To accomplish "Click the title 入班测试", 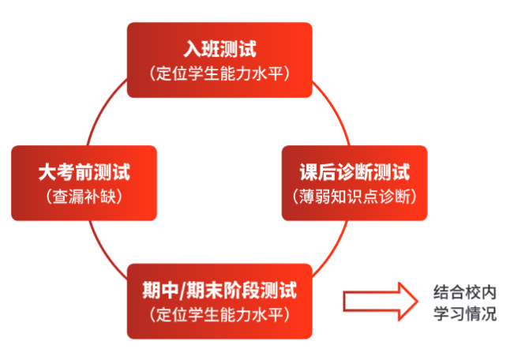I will coord(219,50).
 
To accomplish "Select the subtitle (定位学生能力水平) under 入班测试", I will coord(219,74).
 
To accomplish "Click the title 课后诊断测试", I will coord(355,172).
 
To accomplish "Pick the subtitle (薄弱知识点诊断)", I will coord(355,197).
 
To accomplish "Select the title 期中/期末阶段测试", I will coord(219,290).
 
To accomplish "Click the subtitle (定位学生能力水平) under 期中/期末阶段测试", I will coord(219,314).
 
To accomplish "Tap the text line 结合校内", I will coord(466,291).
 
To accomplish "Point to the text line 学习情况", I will coord(466,314).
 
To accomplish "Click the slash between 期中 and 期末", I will coord(193,290).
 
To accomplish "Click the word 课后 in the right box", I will coord(316,172).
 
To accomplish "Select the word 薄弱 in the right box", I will coord(314,197).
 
